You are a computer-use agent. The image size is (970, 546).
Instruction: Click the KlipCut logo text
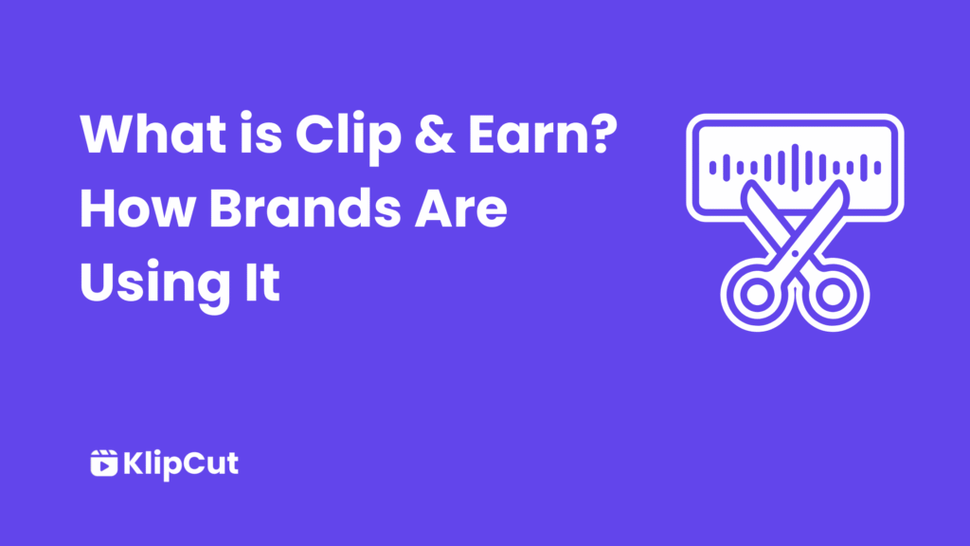[x=181, y=464]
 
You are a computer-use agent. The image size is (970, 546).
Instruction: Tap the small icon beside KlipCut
[x=102, y=464]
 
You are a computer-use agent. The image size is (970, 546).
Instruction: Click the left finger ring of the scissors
[x=754, y=296]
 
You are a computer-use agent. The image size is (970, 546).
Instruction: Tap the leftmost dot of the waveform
[x=713, y=168]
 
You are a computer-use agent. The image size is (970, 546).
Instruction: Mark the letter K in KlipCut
[x=134, y=464]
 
